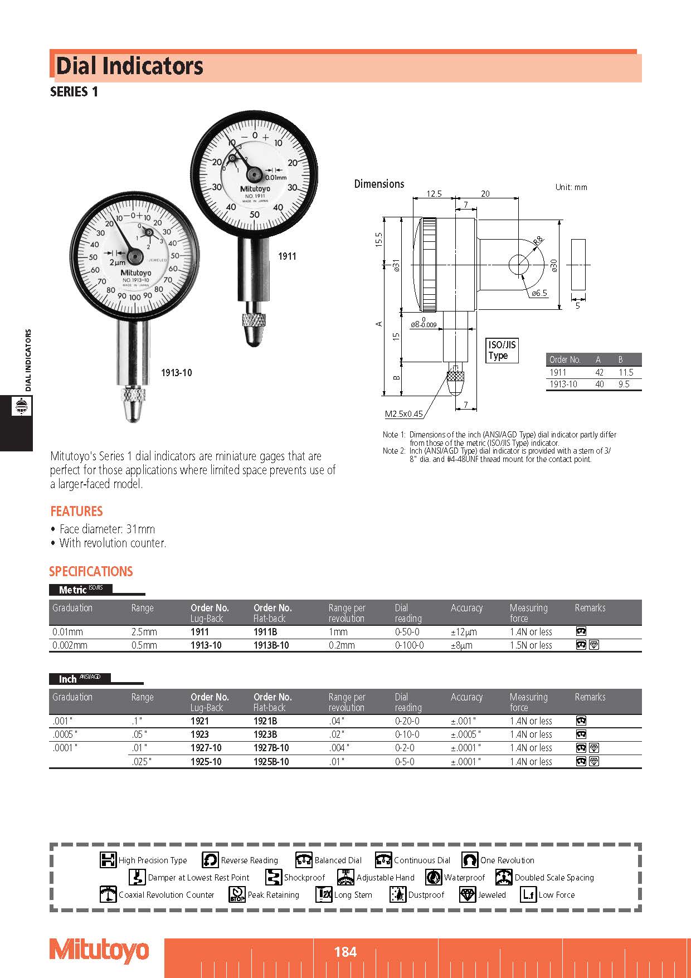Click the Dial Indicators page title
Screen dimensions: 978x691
(x=129, y=66)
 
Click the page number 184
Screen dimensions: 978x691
(x=345, y=951)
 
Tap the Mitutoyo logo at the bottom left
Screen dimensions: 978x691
(x=100, y=950)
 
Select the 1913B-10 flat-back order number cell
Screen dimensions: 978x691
(x=271, y=645)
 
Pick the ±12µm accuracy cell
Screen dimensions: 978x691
(x=464, y=632)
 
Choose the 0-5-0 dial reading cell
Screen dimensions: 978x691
(x=405, y=761)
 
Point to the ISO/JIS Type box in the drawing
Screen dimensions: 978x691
(x=502, y=350)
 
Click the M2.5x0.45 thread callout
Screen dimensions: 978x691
(x=403, y=413)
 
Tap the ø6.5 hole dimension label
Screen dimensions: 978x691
(x=539, y=293)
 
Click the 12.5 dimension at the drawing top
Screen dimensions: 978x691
(x=434, y=193)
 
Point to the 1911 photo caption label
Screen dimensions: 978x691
(x=287, y=256)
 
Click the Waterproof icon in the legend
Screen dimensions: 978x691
(x=434, y=877)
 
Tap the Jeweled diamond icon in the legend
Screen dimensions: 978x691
(x=468, y=894)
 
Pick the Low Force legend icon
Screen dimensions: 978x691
(x=528, y=894)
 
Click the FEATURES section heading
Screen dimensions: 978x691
(x=76, y=511)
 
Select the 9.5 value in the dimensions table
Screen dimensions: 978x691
(x=624, y=384)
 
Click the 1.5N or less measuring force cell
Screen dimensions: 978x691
(x=531, y=645)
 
